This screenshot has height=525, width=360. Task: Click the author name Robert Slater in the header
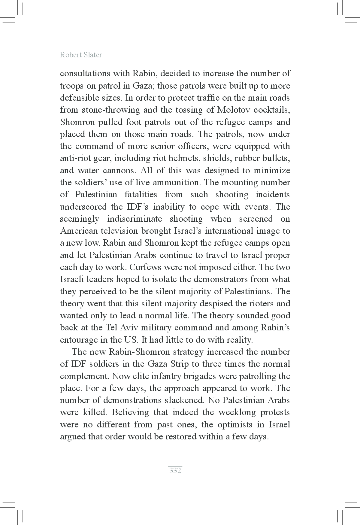coord(81,55)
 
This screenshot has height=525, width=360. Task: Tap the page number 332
coord(175,470)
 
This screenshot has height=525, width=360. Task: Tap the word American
coord(79,231)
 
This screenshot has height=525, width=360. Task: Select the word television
coord(118,231)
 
